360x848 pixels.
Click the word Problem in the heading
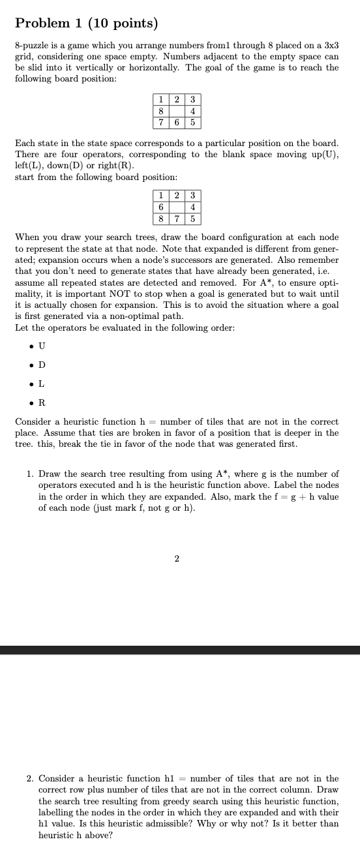coord(42,24)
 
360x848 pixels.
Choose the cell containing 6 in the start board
coord(160,207)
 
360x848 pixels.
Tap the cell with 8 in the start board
coord(160,219)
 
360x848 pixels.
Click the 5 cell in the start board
coord(193,219)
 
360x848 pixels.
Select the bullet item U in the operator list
coord(42,345)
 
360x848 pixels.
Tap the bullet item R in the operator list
coord(42,402)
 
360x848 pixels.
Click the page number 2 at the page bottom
coord(177,558)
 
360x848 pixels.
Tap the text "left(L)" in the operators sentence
coord(28,166)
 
